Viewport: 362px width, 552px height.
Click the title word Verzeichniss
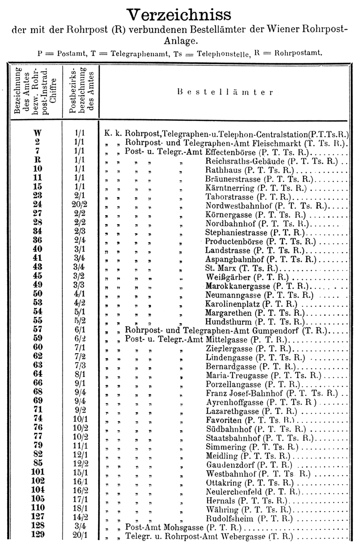click(x=181, y=15)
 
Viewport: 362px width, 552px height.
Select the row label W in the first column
click(x=38, y=135)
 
